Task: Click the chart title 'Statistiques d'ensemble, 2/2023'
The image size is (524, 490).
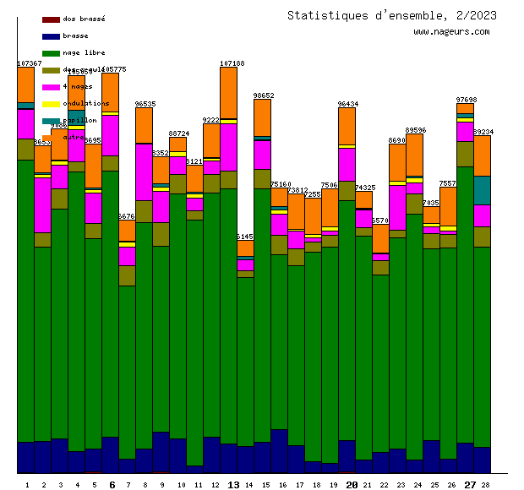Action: [391, 15]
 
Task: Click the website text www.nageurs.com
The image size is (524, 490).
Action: [451, 32]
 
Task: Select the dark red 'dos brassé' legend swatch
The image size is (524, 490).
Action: [51, 19]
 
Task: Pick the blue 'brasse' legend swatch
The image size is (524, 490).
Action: [51, 36]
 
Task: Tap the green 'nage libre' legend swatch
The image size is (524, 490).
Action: [51, 53]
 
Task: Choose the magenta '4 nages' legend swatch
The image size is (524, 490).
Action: [51, 87]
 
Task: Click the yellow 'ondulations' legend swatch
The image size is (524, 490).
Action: [51, 104]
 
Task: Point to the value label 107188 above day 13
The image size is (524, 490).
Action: [232, 63]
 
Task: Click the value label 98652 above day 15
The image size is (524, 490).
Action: [264, 95]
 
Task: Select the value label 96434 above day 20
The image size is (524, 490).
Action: [348, 104]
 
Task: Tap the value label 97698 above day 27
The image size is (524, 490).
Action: [467, 100]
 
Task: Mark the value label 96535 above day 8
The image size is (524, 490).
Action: [145, 104]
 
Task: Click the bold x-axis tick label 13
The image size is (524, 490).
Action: [234, 485]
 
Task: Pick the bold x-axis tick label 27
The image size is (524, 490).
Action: [470, 485]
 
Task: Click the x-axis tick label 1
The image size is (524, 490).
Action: [27, 485]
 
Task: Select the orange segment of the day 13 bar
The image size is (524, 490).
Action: [228, 92]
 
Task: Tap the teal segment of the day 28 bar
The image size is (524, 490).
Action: [482, 190]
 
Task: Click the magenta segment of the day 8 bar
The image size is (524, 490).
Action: [144, 171]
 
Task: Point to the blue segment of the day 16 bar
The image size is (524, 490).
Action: [279, 450]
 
